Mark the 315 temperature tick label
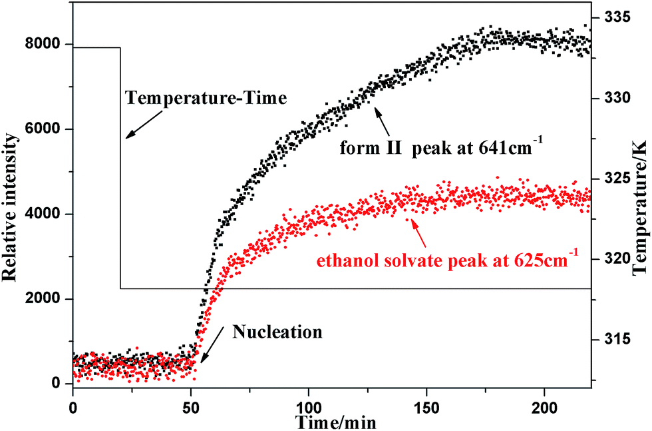pos(614,339)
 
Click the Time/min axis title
pos(332,421)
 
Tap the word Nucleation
pos(277,331)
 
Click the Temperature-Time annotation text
pos(206,99)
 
